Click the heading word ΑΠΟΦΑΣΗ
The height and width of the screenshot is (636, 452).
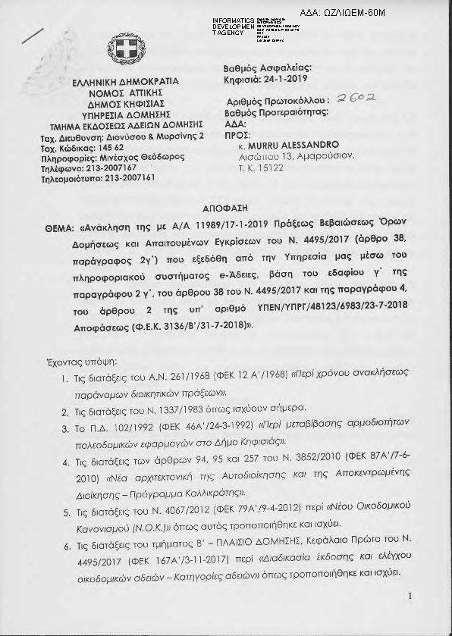pyautogui.click(x=227, y=208)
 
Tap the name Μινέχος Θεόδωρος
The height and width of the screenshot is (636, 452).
pyautogui.click(x=130, y=157)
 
